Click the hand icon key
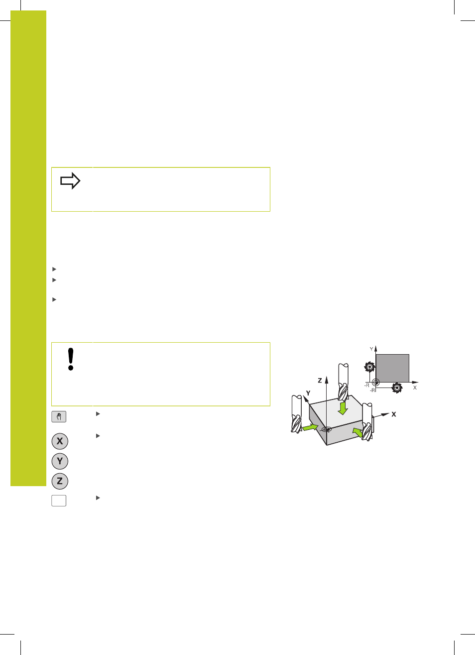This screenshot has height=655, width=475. [x=59, y=417]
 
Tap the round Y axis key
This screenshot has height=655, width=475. [x=60, y=461]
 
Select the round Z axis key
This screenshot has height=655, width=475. [x=60, y=481]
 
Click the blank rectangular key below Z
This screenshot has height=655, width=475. [x=59, y=501]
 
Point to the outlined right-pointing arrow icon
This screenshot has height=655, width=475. [x=70, y=181]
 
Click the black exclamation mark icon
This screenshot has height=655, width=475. [x=70, y=359]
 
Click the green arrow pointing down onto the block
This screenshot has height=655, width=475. [x=343, y=408]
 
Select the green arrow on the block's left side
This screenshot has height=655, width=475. [x=310, y=427]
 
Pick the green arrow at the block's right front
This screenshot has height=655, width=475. [x=358, y=432]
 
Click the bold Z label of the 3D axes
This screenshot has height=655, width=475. [x=320, y=381]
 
